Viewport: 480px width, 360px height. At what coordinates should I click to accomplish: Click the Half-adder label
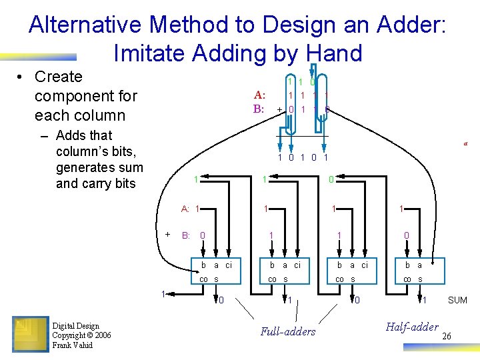(412, 326)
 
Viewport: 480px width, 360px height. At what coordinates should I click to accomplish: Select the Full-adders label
(288, 331)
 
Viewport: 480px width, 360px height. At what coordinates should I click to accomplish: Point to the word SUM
(457, 301)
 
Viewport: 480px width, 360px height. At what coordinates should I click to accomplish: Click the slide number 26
(447, 336)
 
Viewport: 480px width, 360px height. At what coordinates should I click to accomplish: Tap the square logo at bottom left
(30, 333)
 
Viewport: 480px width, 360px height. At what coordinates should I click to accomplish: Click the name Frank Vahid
(73, 345)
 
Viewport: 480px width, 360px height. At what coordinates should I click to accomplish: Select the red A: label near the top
(259, 95)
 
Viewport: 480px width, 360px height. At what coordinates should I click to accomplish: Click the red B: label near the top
(259, 109)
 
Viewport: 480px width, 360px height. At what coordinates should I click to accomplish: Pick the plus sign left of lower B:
(167, 233)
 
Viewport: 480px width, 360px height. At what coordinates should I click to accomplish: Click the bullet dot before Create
(22, 77)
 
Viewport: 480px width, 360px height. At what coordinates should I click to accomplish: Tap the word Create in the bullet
(59, 77)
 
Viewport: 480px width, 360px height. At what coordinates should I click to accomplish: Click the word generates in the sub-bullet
(86, 167)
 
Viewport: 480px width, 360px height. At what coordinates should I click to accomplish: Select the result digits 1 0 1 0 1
(303, 158)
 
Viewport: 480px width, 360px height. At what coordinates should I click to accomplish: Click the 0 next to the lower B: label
(203, 235)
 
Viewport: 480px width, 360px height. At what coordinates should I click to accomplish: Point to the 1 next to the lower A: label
(198, 209)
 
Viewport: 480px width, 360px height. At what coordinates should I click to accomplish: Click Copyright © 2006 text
(81, 335)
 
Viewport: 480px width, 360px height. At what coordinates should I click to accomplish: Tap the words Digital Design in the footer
(75, 326)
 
